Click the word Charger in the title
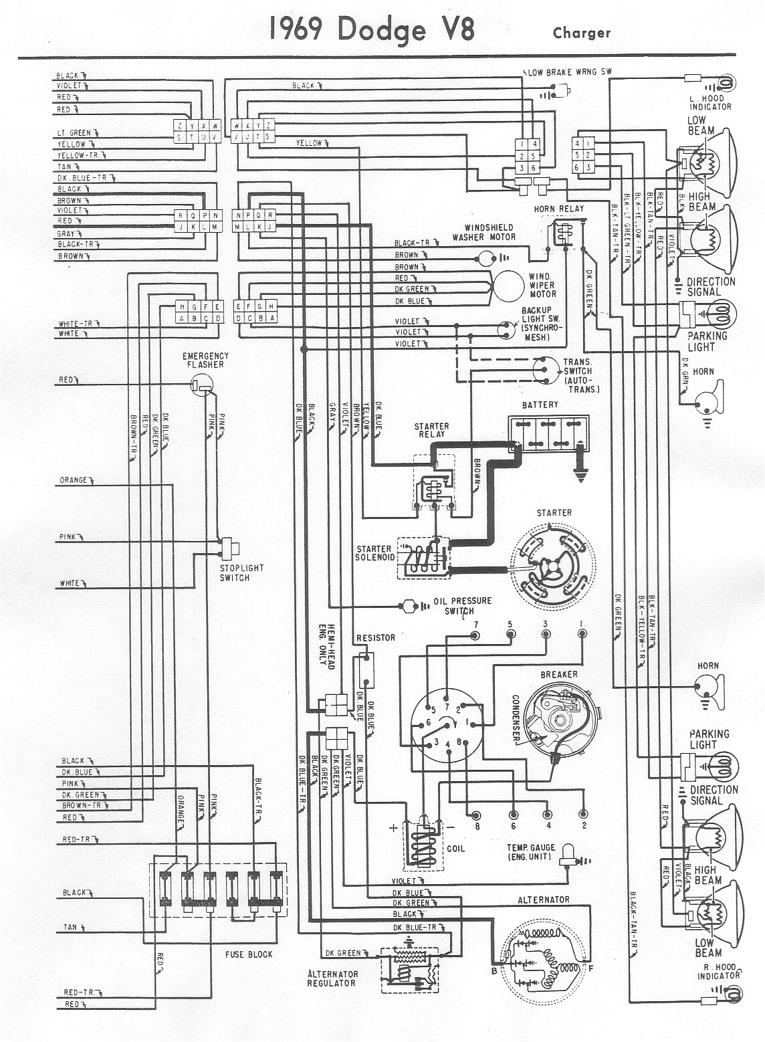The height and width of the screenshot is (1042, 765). (x=581, y=33)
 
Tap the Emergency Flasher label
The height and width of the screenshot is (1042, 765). (x=205, y=360)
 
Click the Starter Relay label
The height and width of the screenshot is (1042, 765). (x=431, y=430)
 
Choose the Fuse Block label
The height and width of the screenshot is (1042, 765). (x=250, y=954)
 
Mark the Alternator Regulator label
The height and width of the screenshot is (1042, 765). (x=332, y=978)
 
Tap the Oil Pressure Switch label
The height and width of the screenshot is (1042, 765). (x=462, y=605)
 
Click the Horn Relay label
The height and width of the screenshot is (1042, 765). (x=558, y=209)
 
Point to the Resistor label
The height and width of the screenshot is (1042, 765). (x=376, y=637)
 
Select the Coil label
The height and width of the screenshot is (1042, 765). (x=455, y=848)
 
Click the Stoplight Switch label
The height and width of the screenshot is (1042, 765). (x=241, y=572)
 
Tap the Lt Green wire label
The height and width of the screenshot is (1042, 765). (x=74, y=133)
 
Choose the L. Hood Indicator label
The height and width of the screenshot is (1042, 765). (x=710, y=102)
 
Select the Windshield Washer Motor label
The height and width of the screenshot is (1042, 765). (x=483, y=232)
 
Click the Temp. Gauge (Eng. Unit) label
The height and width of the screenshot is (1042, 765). (x=530, y=852)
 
